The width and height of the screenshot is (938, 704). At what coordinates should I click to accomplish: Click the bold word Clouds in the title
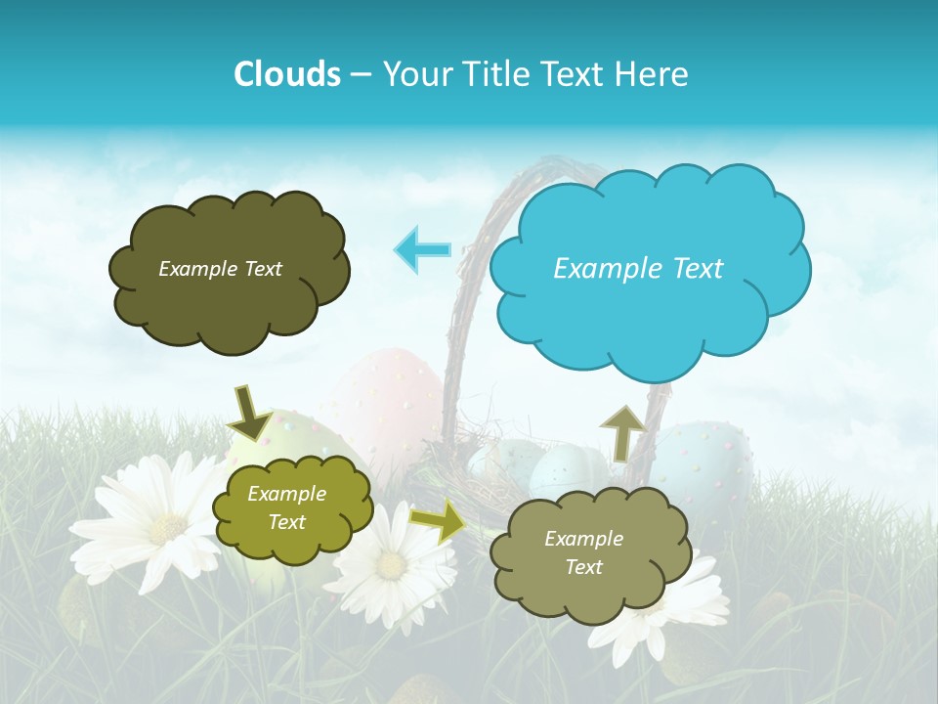[x=286, y=73]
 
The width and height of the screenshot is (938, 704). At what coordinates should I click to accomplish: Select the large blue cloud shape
[x=650, y=269]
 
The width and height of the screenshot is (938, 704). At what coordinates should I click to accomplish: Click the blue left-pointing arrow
[x=422, y=249]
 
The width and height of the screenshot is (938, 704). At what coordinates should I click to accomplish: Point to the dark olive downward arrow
[x=251, y=412]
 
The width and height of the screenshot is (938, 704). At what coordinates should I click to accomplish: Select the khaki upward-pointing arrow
[x=622, y=430]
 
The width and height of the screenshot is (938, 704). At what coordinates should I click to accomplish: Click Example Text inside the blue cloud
[x=638, y=269]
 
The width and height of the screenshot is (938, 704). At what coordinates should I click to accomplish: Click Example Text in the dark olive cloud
[x=220, y=269]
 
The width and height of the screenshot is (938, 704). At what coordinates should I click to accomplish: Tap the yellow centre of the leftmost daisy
[x=168, y=528]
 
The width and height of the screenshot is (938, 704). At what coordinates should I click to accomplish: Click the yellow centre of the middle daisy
[x=392, y=565]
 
